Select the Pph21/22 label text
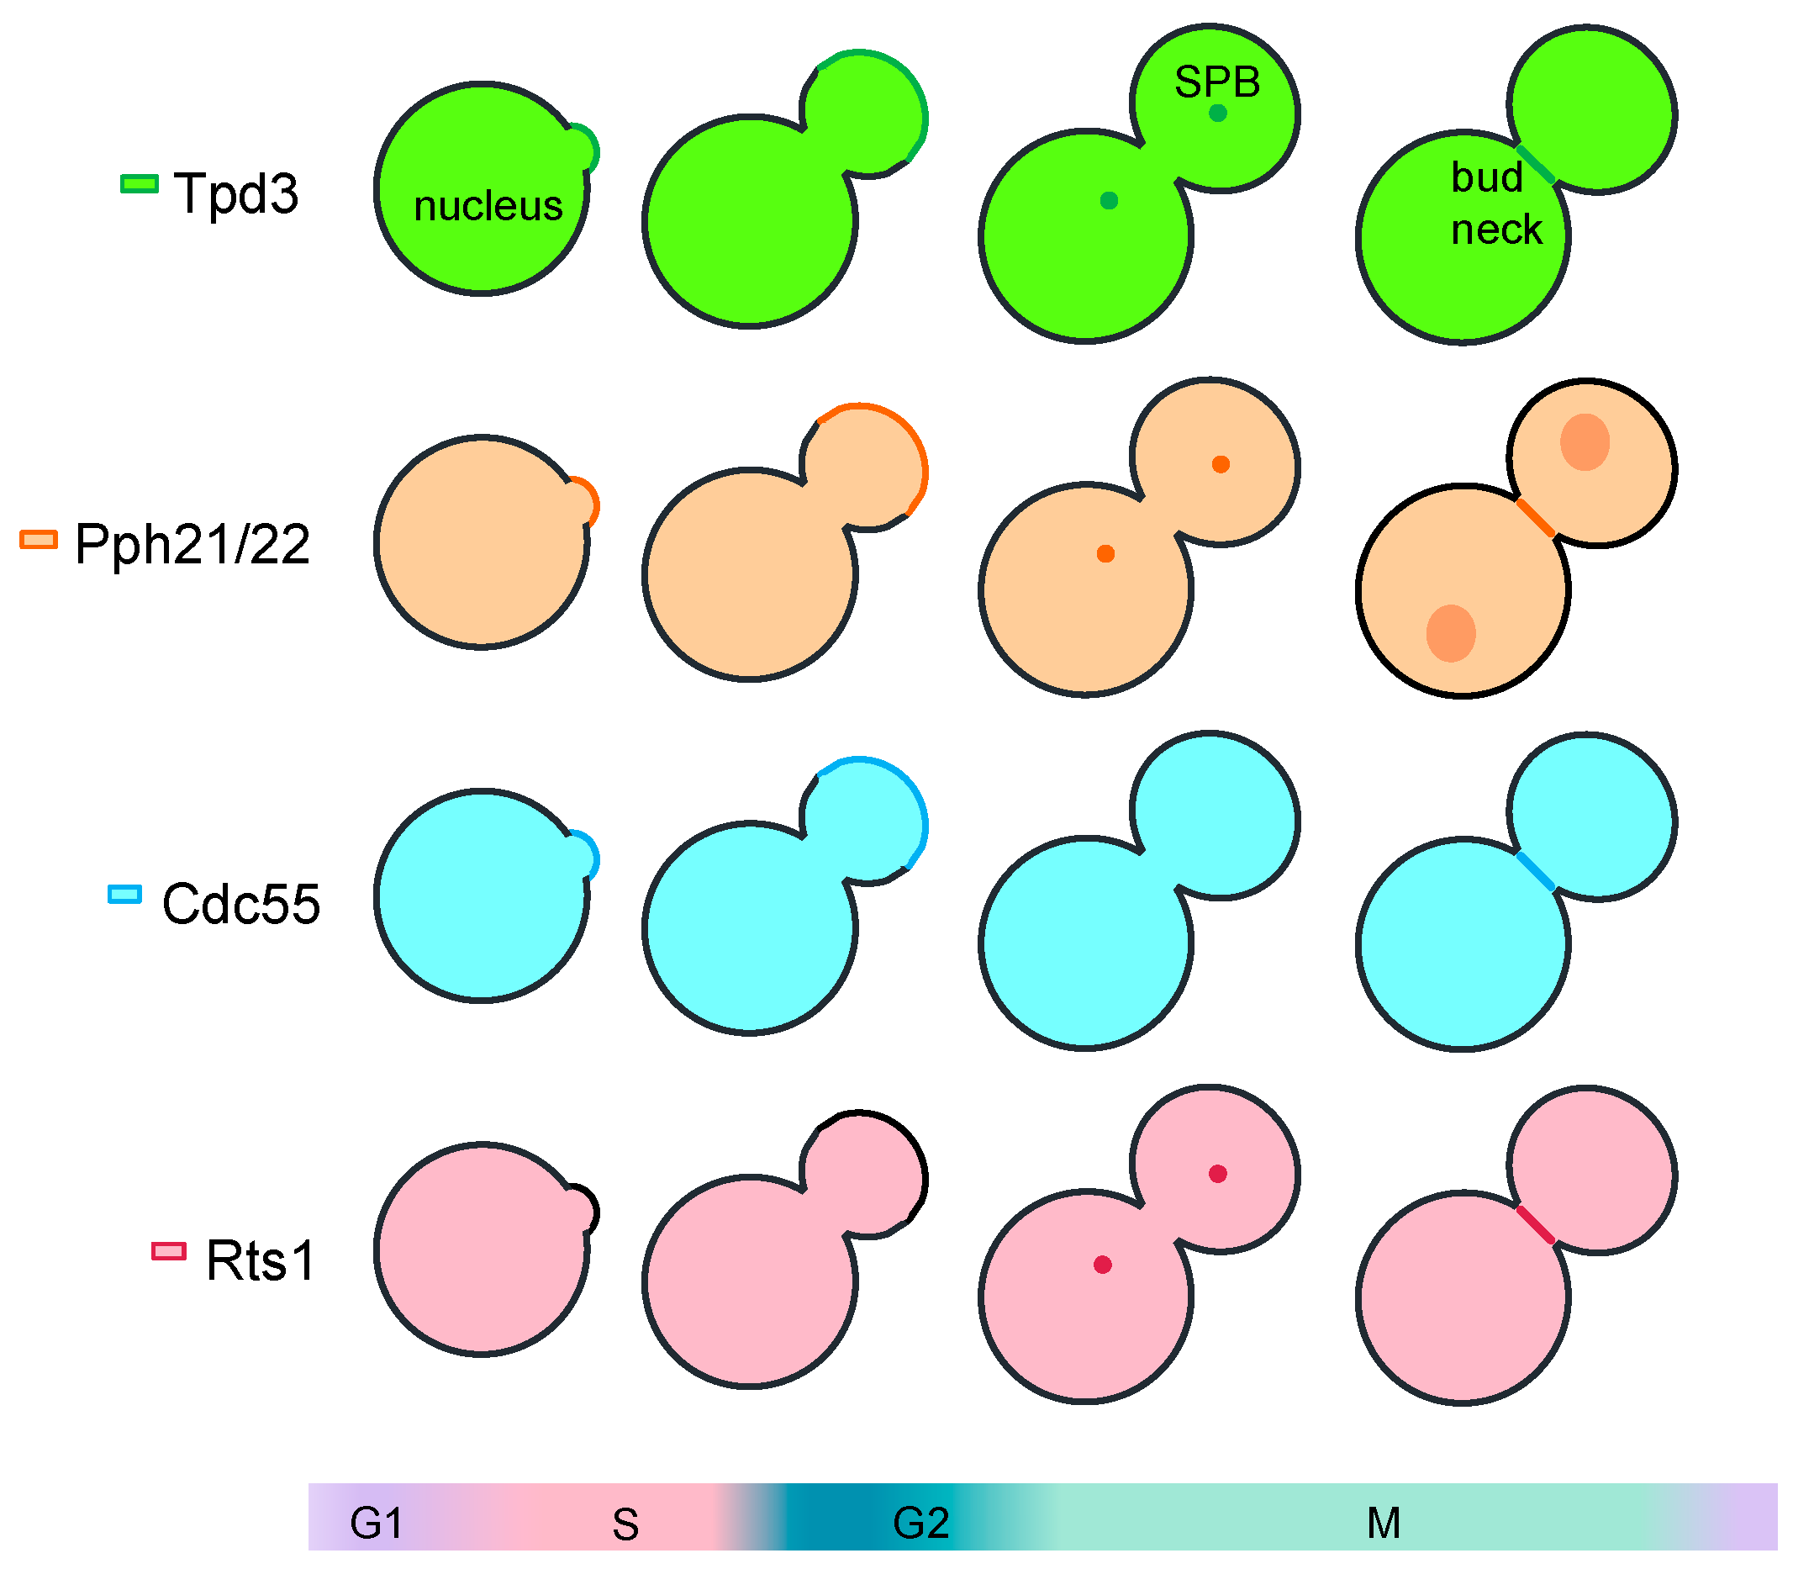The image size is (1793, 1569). [192, 545]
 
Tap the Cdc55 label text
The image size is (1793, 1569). [240, 904]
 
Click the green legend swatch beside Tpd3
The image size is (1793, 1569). [140, 184]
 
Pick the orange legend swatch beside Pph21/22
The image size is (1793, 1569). [39, 539]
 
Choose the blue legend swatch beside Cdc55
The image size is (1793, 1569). [124, 894]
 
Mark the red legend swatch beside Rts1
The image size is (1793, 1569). [169, 1251]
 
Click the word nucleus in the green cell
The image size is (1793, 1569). [488, 207]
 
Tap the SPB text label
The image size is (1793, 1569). [1217, 82]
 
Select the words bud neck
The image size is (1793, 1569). [1495, 203]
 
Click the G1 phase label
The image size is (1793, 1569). [377, 1524]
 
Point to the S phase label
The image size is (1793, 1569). [625, 1525]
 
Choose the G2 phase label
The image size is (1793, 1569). [921, 1524]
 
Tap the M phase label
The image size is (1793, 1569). [1384, 1524]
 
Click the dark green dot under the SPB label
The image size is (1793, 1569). [1218, 113]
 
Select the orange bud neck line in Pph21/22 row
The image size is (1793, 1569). [1536, 518]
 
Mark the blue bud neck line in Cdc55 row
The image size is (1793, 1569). [1536, 871]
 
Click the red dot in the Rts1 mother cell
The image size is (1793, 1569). [1103, 1265]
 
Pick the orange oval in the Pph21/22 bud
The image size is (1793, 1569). [1585, 442]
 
